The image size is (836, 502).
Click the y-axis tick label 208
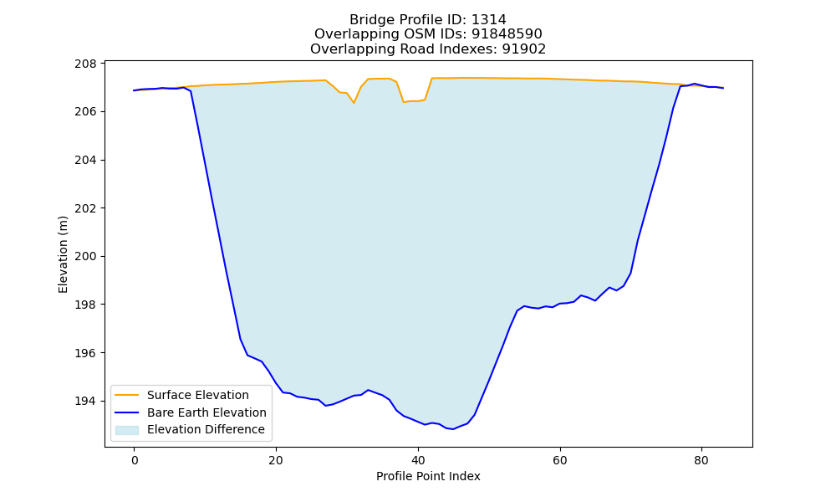click(86, 64)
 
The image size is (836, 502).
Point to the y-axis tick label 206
click(86, 111)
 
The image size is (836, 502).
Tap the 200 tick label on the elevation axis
click(86, 257)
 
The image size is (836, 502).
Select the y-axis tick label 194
click(86, 401)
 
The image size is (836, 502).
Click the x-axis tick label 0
click(135, 460)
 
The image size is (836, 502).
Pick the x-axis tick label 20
click(276, 460)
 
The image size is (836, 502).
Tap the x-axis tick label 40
click(418, 460)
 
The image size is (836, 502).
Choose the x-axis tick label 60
click(560, 460)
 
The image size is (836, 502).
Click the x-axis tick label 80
click(701, 460)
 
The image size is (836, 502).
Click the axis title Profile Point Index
click(428, 476)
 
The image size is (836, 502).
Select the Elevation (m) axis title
click(63, 254)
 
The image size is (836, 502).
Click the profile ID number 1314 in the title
click(489, 20)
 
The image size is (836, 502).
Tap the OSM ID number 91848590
click(507, 34)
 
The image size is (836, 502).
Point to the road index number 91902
click(524, 49)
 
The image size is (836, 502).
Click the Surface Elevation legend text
click(198, 395)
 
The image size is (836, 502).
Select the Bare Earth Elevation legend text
click(206, 412)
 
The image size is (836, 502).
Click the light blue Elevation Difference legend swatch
click(127, 429)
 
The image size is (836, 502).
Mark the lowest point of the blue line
click(453, 429)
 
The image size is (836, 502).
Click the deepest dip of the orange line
click(354, 102)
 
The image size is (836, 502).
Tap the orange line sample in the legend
click(127, 395)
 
